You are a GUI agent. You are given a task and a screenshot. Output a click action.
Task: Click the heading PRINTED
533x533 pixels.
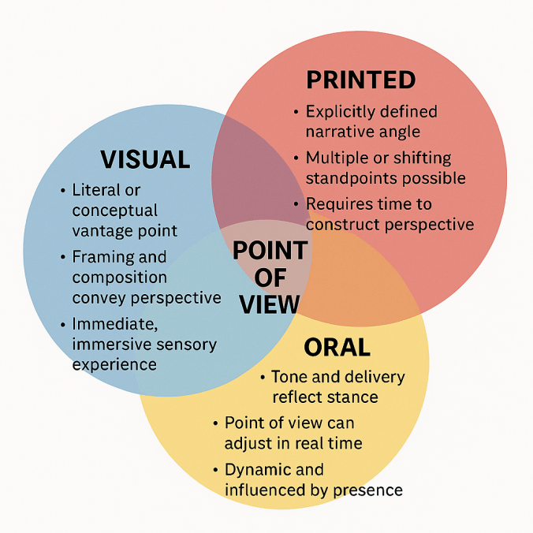360,80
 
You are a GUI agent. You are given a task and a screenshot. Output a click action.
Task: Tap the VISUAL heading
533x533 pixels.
145,160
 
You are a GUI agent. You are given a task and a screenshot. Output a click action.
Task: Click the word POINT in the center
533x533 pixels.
270,251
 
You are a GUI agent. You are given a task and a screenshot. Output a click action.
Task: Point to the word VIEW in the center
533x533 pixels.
270,304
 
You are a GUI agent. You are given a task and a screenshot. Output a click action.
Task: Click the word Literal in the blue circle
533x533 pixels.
95,191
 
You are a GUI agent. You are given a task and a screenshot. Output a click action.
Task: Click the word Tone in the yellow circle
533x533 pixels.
288,377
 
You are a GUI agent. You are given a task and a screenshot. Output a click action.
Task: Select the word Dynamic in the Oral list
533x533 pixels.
255,470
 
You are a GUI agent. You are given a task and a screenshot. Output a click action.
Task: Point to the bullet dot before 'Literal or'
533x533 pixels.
62,192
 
